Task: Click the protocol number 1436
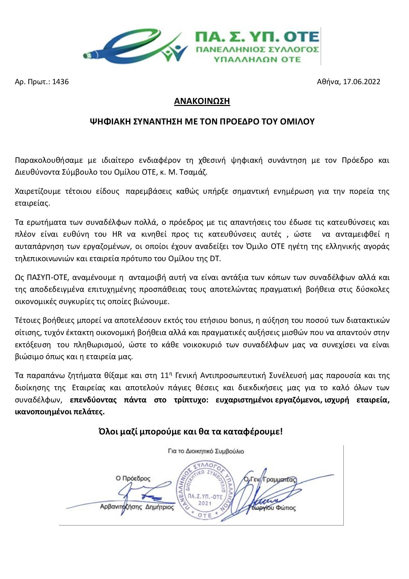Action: click(x=60, y=82)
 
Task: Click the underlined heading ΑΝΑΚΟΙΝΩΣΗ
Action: click(x=202, y=101)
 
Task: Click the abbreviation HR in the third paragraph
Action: click(x=117, y=234)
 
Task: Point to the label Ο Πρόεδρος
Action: click(x=133, y=478)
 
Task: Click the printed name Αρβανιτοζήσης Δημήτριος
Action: click(x=137, y=507)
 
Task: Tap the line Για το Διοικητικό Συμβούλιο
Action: click(x=206, y=451)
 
